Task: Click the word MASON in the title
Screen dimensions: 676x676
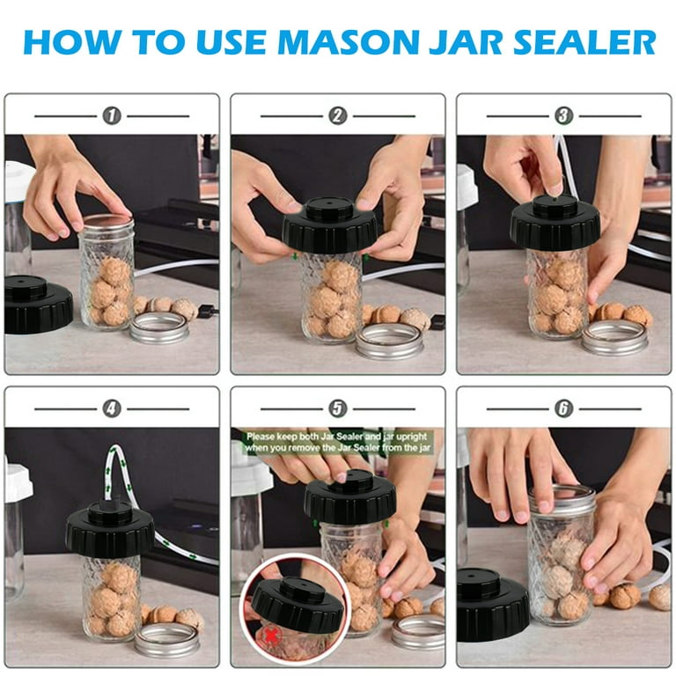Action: [349, 42]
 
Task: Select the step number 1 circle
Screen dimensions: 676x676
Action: [112, 116]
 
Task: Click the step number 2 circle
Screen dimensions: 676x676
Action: [338, 116]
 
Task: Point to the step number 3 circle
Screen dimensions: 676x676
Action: [563, 116]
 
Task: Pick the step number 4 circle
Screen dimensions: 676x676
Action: [112, 408]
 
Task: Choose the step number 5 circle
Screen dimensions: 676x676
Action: [338, 408]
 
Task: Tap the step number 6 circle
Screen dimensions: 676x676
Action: [563, 408]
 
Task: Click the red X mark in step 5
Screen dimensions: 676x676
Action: [270, 635]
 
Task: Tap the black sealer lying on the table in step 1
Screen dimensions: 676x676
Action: [38, 304]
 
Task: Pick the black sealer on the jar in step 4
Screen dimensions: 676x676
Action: [110, 529]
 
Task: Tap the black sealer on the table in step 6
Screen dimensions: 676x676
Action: [492, 605]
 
